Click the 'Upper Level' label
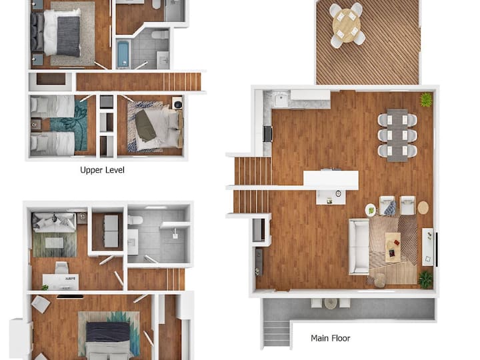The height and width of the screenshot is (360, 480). click(x=102, y=170)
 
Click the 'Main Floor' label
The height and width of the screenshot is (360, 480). click(x=330, y=338)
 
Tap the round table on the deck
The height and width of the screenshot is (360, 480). click(x=347, y=25)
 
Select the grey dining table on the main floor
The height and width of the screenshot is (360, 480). click(x=397, y=135)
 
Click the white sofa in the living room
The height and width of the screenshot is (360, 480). click(x=359, y=247)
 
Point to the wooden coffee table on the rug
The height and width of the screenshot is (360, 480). click(x=393, y=247)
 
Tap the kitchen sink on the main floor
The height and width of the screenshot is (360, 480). click(x=280, y=98)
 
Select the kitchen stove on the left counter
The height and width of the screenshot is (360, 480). click(x=267, y=134)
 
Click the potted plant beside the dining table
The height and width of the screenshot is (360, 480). click(x=426, y=99)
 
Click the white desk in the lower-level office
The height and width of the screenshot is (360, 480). click(x=61, y=281)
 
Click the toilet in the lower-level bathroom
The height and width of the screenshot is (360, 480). click(x=135, y=220)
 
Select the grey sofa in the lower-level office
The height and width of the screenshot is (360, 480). click(x=54, y=222)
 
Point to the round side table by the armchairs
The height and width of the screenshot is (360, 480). click(x=423, y=207)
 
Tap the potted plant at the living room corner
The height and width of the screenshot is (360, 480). click(x=426, y=279)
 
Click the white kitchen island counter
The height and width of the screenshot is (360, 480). click(x=331, y=180)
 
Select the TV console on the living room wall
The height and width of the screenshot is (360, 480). click(x=427, y=247)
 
